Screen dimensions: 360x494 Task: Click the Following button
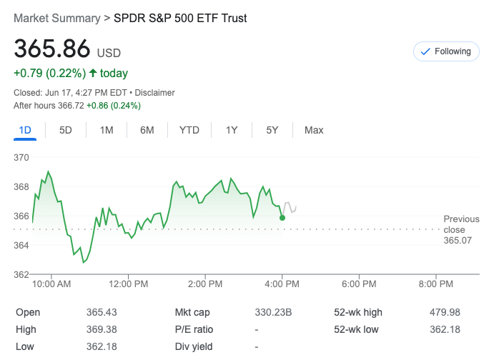point(446,51)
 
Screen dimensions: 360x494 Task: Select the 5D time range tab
point(66,130)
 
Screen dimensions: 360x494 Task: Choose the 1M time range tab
point(107,130)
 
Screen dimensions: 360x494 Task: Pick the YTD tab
point(189,130)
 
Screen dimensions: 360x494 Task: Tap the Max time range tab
point(314,130)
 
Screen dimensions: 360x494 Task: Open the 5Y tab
point(272,130)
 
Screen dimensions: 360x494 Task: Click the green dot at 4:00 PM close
point(282,217)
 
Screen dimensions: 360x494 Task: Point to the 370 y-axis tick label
point(21,157)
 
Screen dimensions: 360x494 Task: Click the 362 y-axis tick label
point(21,275)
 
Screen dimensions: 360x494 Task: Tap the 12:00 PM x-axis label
point(129,284)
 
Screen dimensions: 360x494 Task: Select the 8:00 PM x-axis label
point(436,284)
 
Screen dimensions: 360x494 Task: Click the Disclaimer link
point(155,93)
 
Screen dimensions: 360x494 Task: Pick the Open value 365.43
point(102,313)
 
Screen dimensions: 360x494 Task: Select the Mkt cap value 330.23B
point(273,313)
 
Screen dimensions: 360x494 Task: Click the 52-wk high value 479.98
point(446,313)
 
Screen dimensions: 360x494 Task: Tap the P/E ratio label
point(194,330)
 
